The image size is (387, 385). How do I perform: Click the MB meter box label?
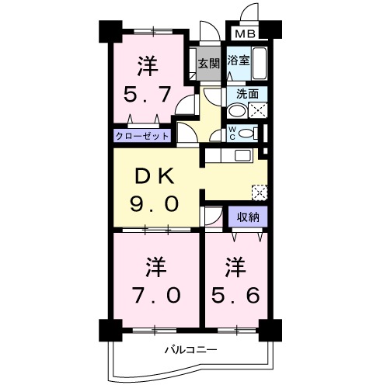pyautogui.click(x=246, y=34)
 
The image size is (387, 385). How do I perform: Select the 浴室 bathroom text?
pyautogui.click(x=238, y=61)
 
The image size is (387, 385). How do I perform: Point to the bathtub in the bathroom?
pyautogui.click(x=260, y=62)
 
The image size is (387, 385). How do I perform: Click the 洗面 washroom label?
pyautogui.click(x=248, y=94)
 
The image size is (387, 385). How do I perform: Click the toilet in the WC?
pyautogui.click(x=246, y=134)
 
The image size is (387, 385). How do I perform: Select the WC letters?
pyautogui.click(x=232, y=133)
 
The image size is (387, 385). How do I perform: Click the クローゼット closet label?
pyautogui.click(x=141, y=135)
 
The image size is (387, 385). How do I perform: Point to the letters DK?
pyautogui.click(x=154, y=177)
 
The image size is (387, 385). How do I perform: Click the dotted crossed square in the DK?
pyautogui.click(x=260, y=191)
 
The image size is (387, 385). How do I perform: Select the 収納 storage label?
pyautogui.click(x=249, y=217)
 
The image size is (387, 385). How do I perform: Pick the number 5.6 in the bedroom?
pyautogui.click(x=235, y=295)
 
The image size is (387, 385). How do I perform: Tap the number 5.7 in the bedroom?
pyautogui.click(x=147, y=95)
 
